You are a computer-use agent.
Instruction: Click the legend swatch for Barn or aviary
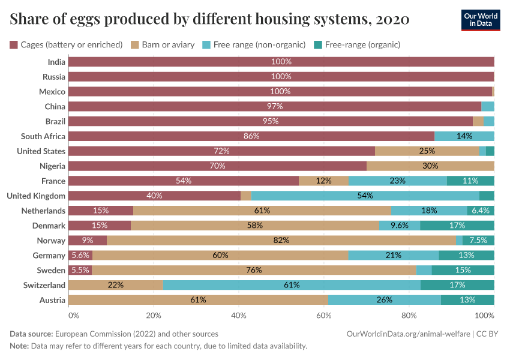(x=135, y=44)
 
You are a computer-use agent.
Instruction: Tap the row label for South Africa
(x=43, y=136)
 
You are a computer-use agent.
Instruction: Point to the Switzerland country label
(x=44, y=285)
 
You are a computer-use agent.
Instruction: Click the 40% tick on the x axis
(x=239, y=315)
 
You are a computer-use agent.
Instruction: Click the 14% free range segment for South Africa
(x=464, y=136)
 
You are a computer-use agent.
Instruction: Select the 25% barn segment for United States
(x=427, y=151)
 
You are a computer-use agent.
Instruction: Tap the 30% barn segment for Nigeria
(x=430, y=166)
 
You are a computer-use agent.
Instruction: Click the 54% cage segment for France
(x=184, y=181)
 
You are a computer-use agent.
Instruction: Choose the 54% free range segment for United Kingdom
(x=365, y=196)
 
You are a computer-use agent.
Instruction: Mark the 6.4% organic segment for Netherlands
(x=481, y=211)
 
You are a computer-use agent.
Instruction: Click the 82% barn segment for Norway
(x=281, y=240)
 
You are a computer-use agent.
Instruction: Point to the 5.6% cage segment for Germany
(x=80, y=255)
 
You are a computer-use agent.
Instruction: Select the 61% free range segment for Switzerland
(x=292, y=285)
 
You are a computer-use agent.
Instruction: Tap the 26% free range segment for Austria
(x=385, y=299)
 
